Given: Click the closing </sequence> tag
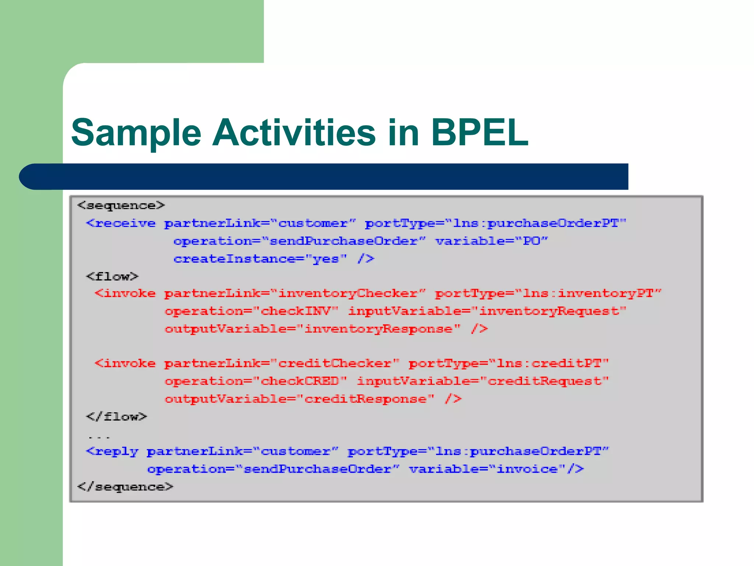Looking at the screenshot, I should (x=125, y=487).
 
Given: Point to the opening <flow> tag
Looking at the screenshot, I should (x=112, y=276).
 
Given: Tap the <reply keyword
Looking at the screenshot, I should (x=112, y=451).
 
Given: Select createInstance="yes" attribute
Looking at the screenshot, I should (x=260, y=259).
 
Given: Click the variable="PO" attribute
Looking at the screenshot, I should (x=491, y=241).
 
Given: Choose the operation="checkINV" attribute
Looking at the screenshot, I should (x=251, y=311).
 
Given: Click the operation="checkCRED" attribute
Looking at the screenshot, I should (x=256, y=381).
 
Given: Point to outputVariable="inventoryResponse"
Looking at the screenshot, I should (x=312, y=329).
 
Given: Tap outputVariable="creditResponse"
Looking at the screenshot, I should (x=299, y=399).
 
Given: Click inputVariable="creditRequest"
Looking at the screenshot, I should (x=483, y=381).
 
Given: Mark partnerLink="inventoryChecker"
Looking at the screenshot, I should (x=295, y=294).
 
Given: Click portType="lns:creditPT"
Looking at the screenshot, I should (x=508, y=363).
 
